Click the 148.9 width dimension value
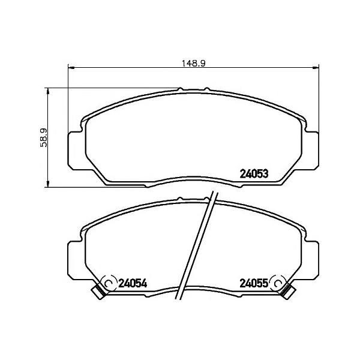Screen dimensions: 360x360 (x=193, y=64)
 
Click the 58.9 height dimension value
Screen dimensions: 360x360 (x=43, y=137)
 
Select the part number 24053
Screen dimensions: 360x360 (x=254, y=174)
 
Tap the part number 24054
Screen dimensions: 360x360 (x=133, y=283)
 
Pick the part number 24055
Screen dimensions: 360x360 (x=254, y=283)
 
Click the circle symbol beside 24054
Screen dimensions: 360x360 (x=109, y=283)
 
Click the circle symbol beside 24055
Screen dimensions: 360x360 (x=278, y=283)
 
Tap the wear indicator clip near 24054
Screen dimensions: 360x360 (x=99, y=290)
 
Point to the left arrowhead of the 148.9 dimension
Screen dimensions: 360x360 (x=71, y=67)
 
